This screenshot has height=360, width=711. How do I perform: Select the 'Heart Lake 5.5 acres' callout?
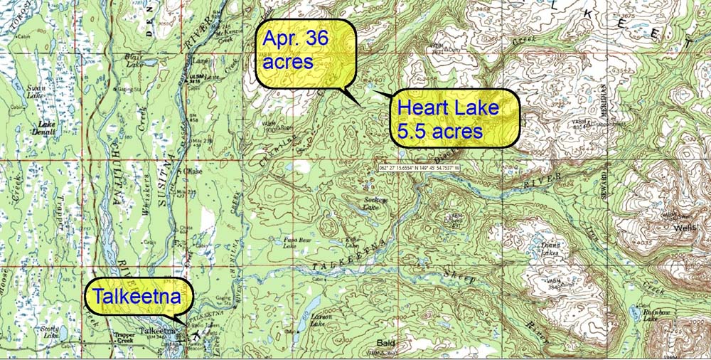454,118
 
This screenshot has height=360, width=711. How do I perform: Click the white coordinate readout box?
420,169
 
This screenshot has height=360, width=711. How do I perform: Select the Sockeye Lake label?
377,203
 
